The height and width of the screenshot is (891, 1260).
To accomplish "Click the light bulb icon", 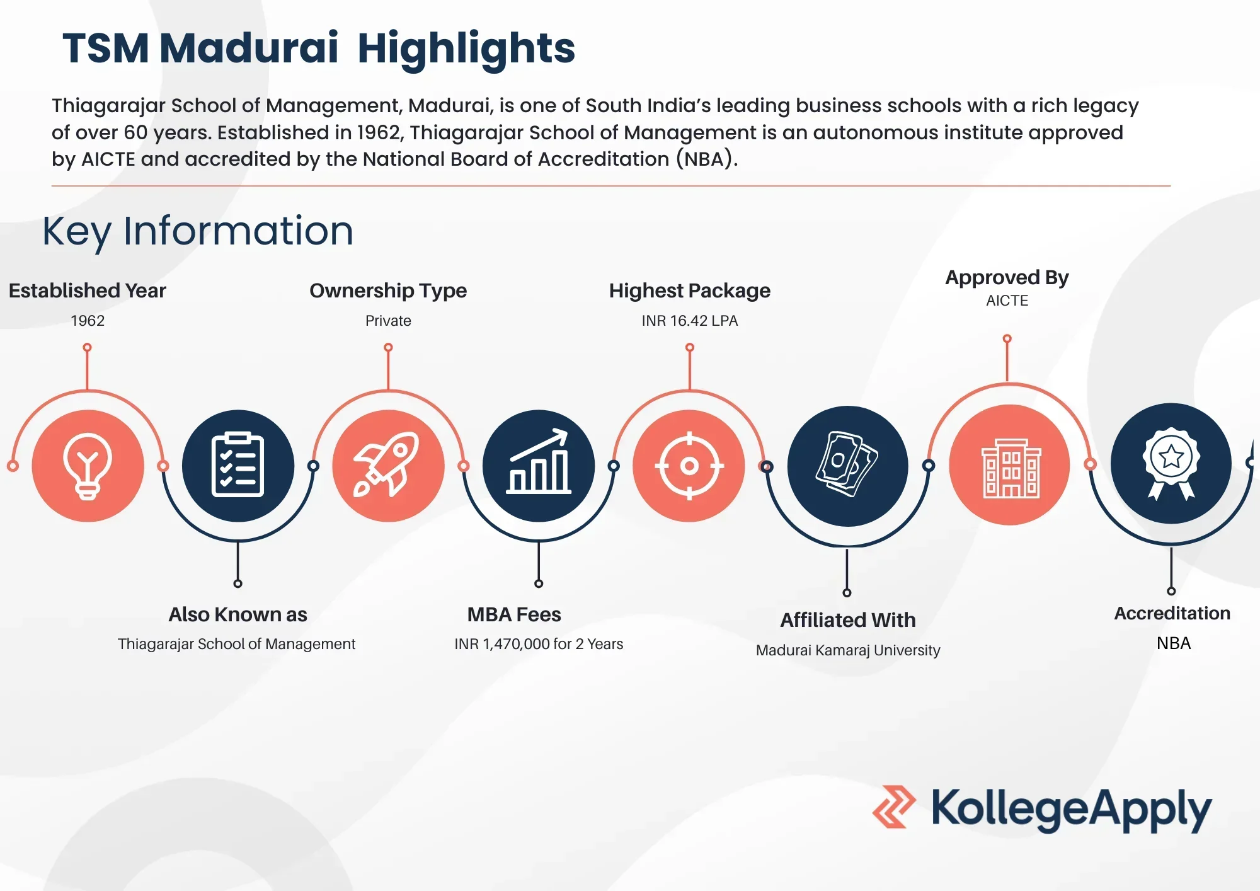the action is (x=88, y=466).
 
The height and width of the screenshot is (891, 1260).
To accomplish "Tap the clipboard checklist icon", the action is (x=238, y=465).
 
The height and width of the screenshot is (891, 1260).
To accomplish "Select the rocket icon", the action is (x=387, y=465).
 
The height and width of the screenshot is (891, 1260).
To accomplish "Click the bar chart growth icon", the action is (x=539, y=461).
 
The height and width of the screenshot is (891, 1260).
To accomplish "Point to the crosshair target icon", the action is (x=689, y=466).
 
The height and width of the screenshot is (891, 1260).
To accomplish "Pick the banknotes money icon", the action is (x=847, y=464).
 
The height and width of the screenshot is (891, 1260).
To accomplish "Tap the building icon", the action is (x=1011, y=468).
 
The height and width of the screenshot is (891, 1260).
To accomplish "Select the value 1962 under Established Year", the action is (x=88, y=321).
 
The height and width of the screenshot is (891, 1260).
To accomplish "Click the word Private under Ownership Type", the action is (x=388, y=321).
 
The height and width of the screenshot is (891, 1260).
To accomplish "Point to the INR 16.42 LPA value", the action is (x=690, y=321).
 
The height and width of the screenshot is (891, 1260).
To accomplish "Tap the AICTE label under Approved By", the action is (x=1007, y=301).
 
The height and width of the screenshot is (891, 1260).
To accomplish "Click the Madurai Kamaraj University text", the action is (x=848, y=650).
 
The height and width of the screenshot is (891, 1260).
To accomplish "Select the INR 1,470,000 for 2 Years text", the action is (x=539, y=644).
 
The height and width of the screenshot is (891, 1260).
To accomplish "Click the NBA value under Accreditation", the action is (x=1174, y=643).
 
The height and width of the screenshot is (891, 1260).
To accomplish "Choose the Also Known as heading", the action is (x=238, y=614).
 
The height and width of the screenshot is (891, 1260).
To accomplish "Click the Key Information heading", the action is (x=198, y=231).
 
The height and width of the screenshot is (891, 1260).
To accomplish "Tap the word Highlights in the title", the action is (x=466, y=49).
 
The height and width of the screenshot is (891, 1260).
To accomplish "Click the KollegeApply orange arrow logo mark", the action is (x=893, y=807).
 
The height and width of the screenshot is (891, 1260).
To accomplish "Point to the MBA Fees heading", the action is (x=514, y=614).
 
